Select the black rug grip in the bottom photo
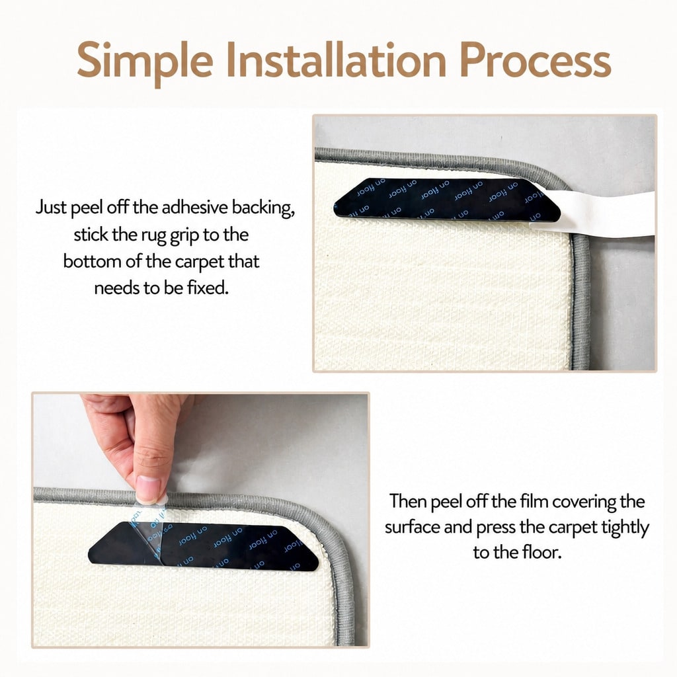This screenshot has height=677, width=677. pos(203,545)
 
